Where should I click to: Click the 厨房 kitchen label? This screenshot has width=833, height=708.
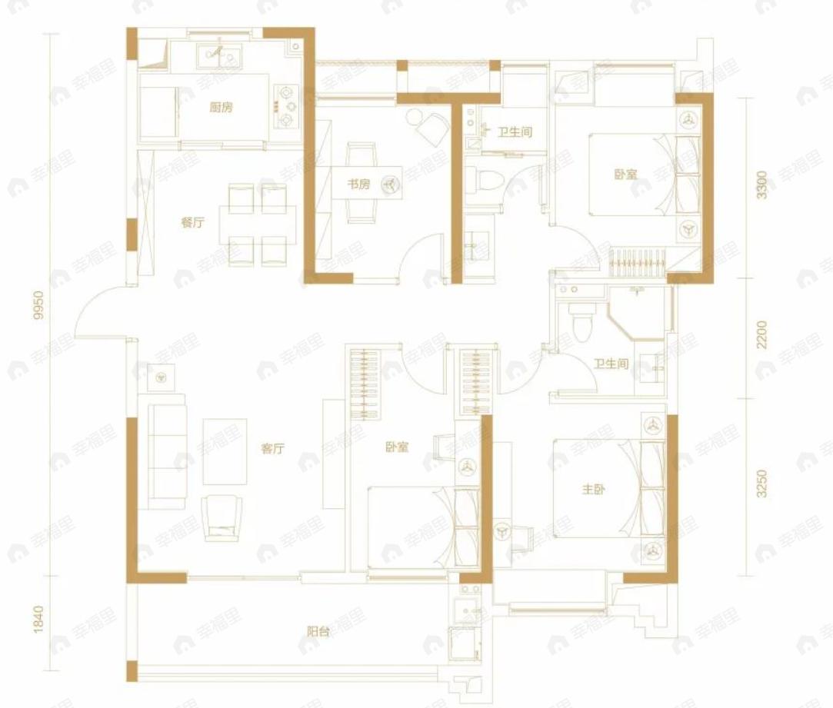(x=221, y=108)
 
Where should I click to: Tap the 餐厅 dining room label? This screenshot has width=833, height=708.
(x=192, y=222)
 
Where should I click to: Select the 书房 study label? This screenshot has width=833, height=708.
(x=358, y=184)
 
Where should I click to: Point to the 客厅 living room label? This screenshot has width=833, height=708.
(x=272, y=449)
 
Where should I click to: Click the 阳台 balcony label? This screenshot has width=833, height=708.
(x=318, y=632)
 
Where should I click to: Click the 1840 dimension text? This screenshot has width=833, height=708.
(x=38, y=620)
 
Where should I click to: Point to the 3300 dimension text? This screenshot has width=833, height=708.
(x=762, y=184)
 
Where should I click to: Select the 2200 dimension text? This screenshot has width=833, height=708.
(x=762, y=334)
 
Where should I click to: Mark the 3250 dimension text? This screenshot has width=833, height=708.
(x=762, y=484)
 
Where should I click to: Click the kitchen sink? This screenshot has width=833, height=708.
(x=219, y=56)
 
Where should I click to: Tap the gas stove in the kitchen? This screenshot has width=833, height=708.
(x=286, y=107)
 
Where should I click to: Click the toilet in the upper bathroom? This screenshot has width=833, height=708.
(x=485, y=180)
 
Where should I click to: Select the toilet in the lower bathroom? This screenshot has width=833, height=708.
(x=581, y=321)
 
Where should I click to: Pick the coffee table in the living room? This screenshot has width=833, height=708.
(x=225, y=451)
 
